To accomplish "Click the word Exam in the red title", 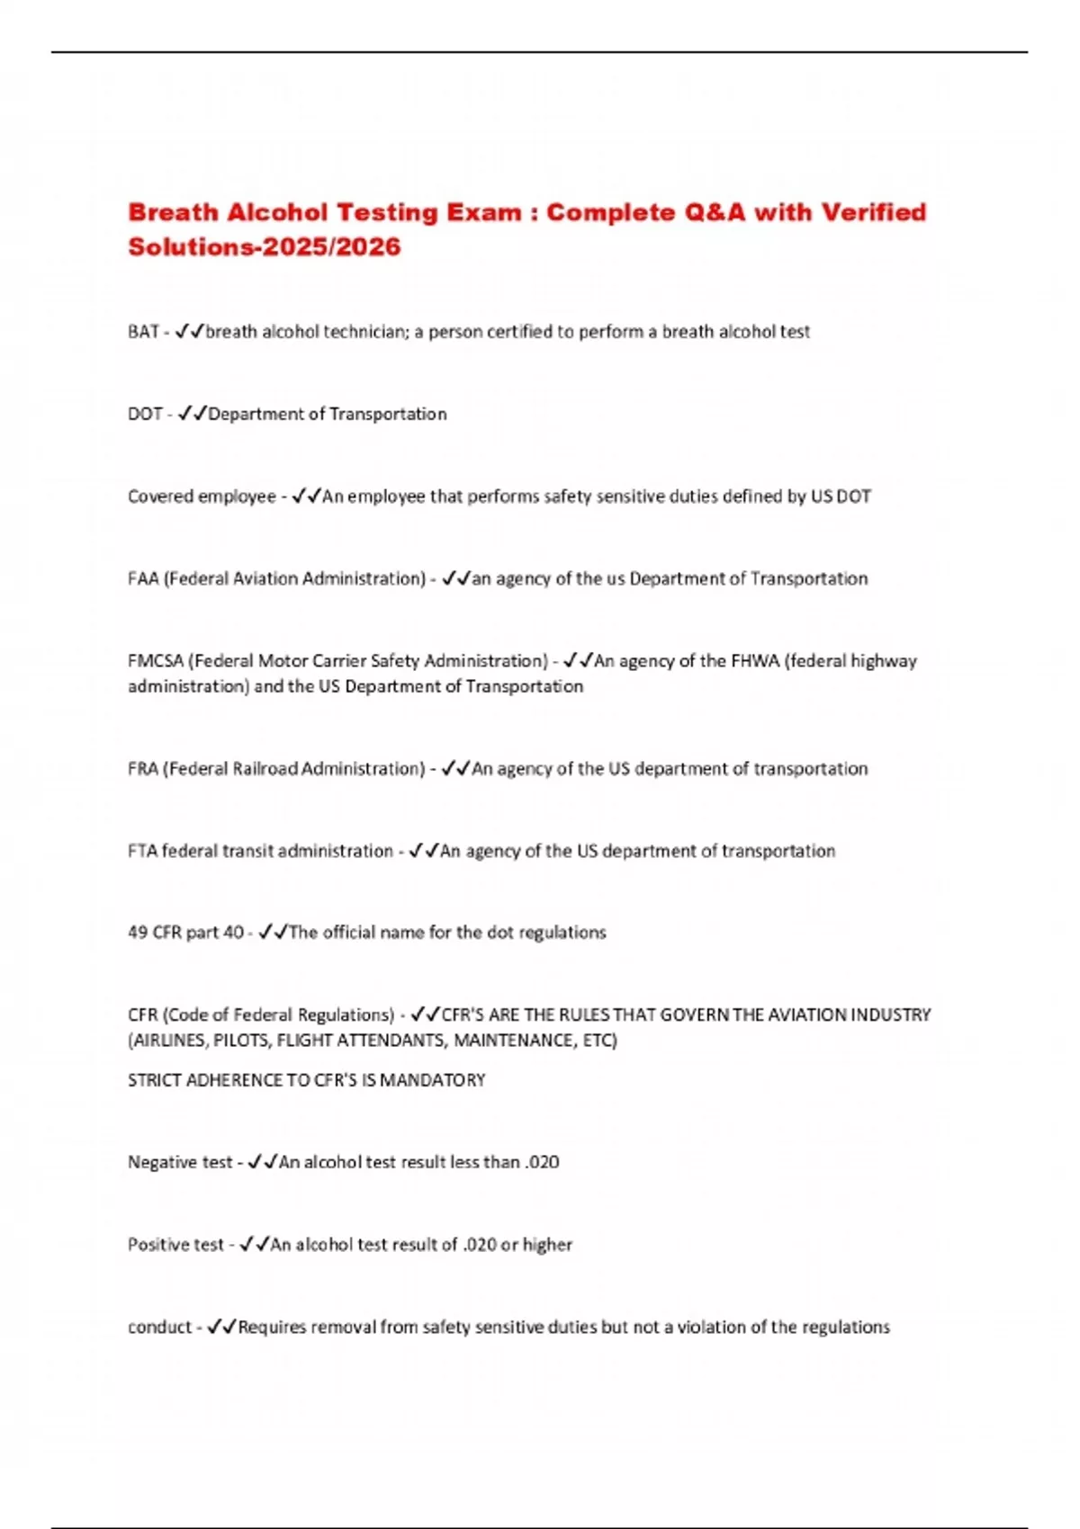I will (x=482, y=213).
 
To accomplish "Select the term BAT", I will (x=143, y=332).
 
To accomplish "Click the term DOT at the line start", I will (x=145, y=415).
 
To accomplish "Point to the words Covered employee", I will (x=202, y=496).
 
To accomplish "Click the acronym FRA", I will (x=143, y=769).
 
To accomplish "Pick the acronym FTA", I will (x=142, y=851).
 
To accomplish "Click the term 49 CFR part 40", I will (x=185, y=933).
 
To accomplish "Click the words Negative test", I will (x=180, y=1163).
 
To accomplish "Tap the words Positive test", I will (x=175, y=1245).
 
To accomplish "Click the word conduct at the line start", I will (x=159, y=1328).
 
